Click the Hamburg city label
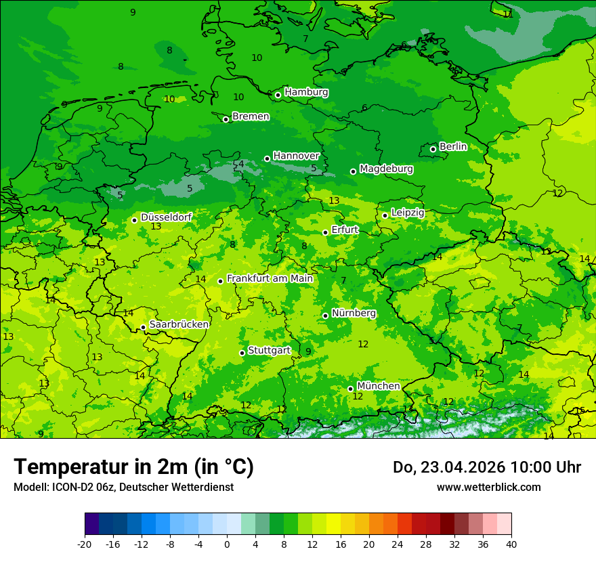tap(306, 92)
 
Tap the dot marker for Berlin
tap(433, 149)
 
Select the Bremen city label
tap(251, 116)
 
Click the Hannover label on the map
tap(296, 156)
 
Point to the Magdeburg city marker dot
tap(353, 171)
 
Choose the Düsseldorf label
tap(166, 217)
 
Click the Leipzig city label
tap(408, 213)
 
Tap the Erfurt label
tap(345, 230)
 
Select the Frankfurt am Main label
tap(270, 278)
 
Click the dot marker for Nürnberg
tap(325, 316)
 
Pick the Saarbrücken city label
tap(179, 324)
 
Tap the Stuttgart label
tap(270, 350)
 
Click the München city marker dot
tap(350, 389)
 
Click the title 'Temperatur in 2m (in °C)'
tap(133, 467)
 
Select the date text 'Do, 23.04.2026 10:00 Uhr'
tap(486, 467)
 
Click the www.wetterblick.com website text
tap(488, 487)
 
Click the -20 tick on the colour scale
tap(85, 544)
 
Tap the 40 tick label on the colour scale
tap(511, 544)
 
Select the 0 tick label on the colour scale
tap(227, 544)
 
